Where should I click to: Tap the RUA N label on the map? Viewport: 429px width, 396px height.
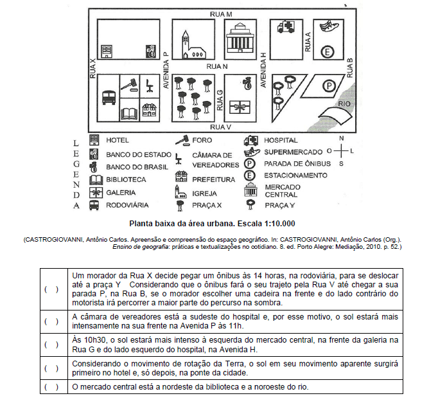click(217, 66)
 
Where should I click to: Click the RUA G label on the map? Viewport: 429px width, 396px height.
click(220, 99)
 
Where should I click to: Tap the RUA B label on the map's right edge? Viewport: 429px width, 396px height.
click(350, 66)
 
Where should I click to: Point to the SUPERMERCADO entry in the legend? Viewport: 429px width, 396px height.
click(293, 152)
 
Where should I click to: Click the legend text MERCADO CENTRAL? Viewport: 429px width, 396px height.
click(281, 190)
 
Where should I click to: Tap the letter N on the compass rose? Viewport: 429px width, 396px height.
click(342, 138)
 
